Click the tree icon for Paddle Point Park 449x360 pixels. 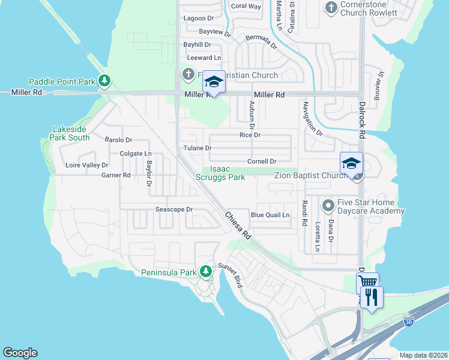pyautogui.click(x=104, y=80)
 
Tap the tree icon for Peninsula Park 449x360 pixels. pyautogui.click(x=206, y=272)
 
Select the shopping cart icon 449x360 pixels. pyautogui.click(x=367, y=282)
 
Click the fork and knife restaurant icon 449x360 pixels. pyautogui.click(x=372, y=296)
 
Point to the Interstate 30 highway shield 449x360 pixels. pyautogui.click(x=409, y=322)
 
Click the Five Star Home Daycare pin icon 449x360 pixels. pyautogui.click(x=328, y=206)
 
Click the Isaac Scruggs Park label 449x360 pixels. pyautogui.click(x=220, y=173)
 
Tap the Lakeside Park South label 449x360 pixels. pyautogui.click(x=71, y=133)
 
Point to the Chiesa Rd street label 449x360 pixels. pyautogui.click(x=238, y=226)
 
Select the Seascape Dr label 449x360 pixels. pyautogui.click(x=173, y=209)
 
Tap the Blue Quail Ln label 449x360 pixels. pyautogui.click(x=270, y=215)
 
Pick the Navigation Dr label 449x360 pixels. pyautogui.click(x=312, y=119)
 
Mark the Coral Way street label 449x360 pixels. pyautogui.click(x=246, y=6)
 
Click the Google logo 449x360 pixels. pyautogui.click(x=20, y=353)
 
